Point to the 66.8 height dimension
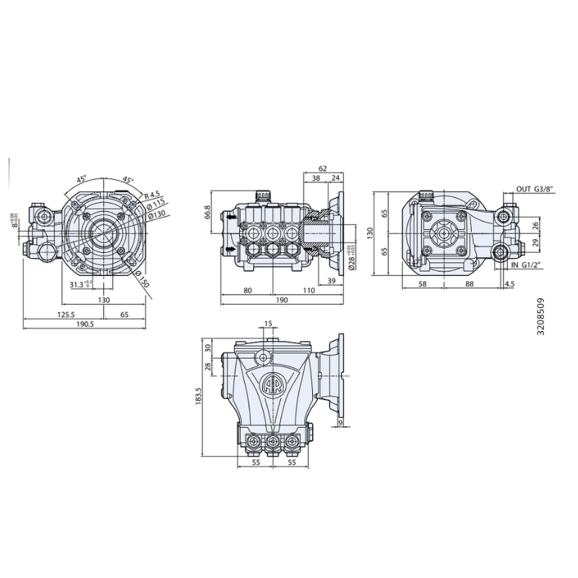207,212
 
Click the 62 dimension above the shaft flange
322,168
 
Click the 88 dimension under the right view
469,285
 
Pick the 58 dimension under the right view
422,285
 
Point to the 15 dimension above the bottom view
269,324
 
